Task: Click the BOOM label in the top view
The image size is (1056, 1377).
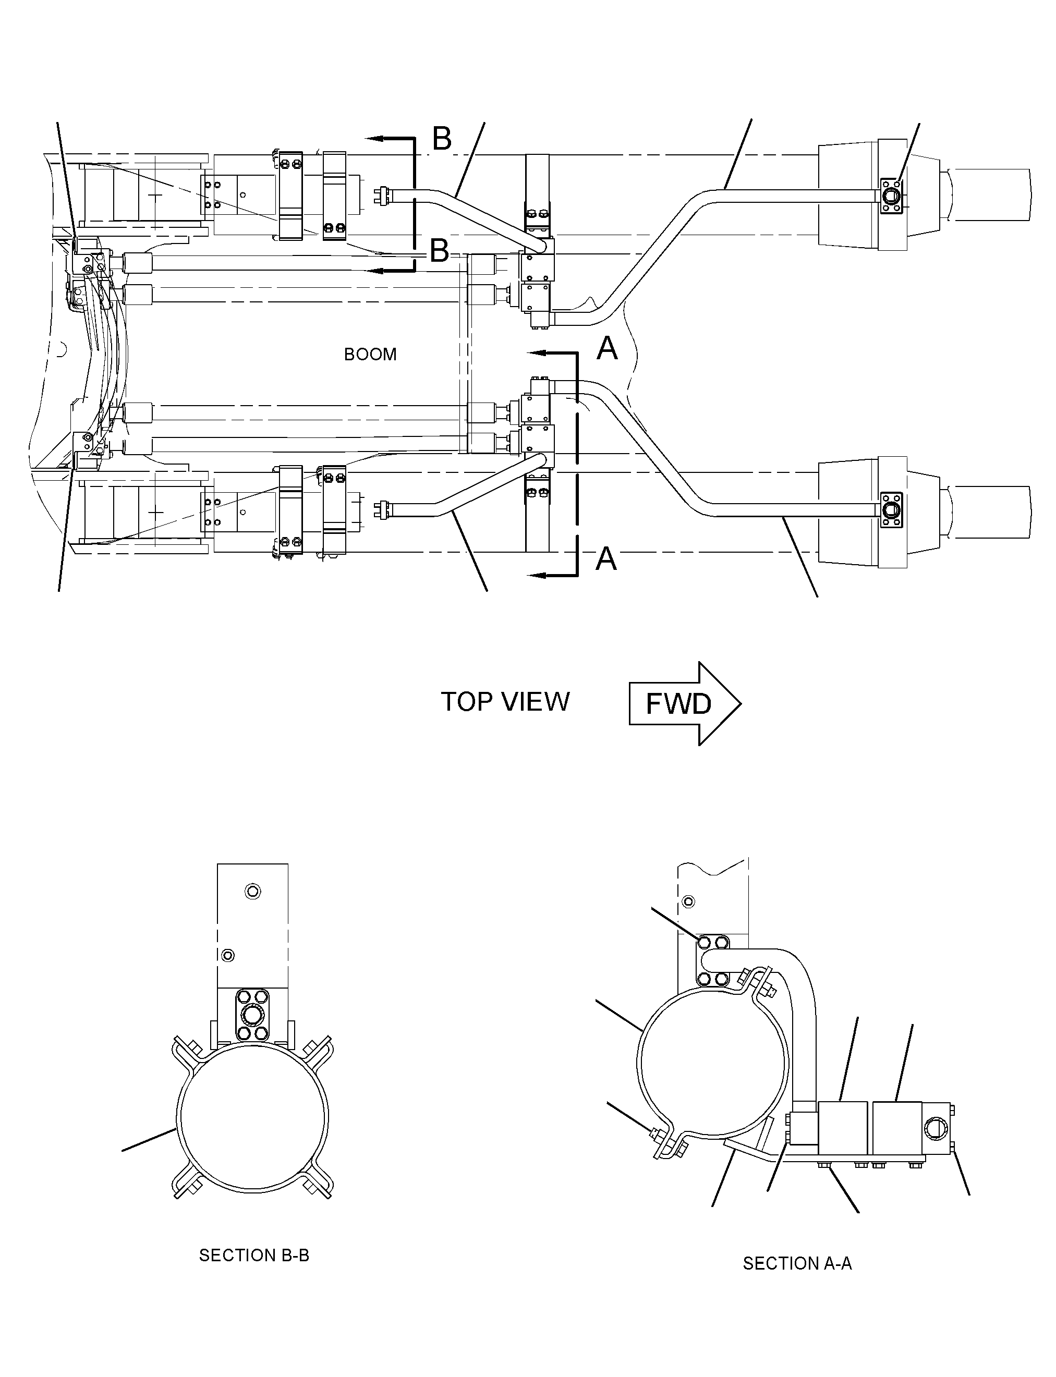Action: point(370,355)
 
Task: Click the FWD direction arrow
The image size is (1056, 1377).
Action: point(685,703)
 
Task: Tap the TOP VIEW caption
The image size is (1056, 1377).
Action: point(505,702)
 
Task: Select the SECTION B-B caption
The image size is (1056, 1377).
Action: point(254,1255)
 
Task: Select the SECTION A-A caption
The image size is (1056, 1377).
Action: point(797,1263)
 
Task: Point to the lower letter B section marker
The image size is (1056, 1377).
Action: point(440,251)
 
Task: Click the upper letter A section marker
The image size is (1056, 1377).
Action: point(607,348)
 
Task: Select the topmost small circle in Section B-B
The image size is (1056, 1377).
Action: point(253,891)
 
